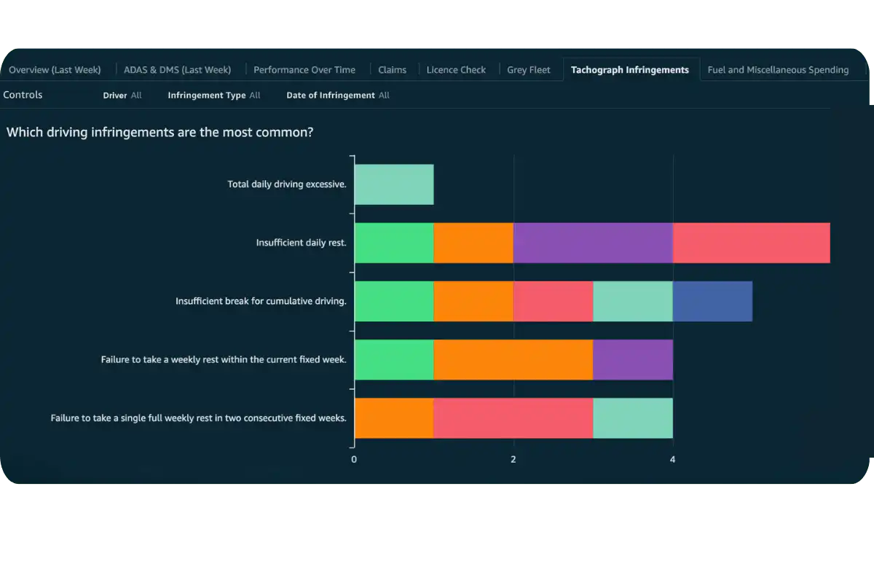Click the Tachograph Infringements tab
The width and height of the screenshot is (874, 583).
click(629, 70)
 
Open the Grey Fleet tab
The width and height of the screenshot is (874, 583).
click(529, 70)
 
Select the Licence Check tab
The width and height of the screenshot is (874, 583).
click(456, 70)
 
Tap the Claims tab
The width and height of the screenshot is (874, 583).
click(392, 70)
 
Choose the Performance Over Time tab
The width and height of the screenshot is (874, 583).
click(304, 70)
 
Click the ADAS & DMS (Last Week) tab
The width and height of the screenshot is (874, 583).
click(177, 70)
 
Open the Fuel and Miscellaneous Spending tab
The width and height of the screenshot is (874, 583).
click(778, 70)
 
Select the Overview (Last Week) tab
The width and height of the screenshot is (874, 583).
click(55, 70)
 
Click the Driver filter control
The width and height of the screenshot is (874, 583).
click(122, 95)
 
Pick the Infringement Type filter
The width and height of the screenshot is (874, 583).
click(213, 95)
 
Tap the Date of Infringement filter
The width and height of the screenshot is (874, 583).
click(337, 95)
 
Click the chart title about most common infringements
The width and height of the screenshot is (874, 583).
click(160, 133)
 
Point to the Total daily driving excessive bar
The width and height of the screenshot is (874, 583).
click(393, 184)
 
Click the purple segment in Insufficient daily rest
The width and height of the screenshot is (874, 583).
click(593, 243)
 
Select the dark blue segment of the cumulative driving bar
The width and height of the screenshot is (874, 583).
click(712, 301)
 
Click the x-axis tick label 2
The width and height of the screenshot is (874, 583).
click(513, 460)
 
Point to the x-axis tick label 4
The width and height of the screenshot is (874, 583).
click(672, 460)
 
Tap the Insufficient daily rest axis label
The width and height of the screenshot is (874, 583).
click(301, 243)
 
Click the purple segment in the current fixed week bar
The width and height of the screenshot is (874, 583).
click(632, 359)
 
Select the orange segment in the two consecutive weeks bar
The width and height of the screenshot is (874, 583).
click(393, 418)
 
